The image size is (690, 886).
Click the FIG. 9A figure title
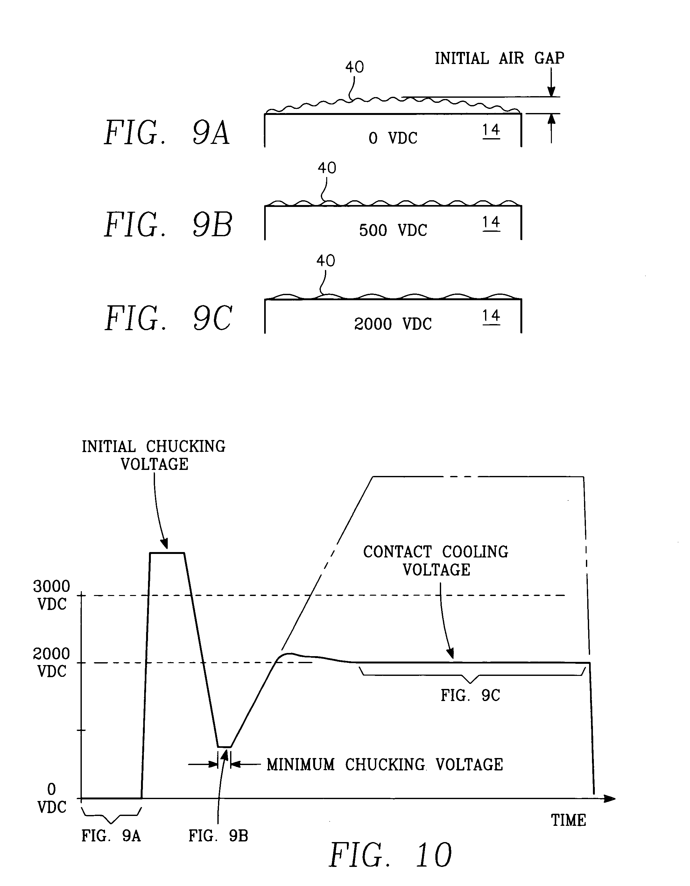(x=167, y=133)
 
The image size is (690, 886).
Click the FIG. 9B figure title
(x=168, y=225)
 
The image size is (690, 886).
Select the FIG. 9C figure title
(x=168, y=319)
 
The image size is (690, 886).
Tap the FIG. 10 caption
(x=390, y=855)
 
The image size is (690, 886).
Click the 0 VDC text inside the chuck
(x=393, y=138)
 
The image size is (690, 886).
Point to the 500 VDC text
(x=393, y=230)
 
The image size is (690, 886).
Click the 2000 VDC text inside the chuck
(x=393, y=324)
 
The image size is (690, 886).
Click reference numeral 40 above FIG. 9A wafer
(x=354, y=67)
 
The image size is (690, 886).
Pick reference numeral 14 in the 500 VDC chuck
(x=491, y=223)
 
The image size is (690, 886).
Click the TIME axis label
(x=568, y=820)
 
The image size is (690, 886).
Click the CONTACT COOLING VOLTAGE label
(x=436, y=561)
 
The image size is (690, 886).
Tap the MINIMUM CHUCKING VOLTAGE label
(x=384, y=765)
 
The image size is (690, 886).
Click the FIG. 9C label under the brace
(x=470, y=695)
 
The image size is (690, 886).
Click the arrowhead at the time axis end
(x=610, y=799)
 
